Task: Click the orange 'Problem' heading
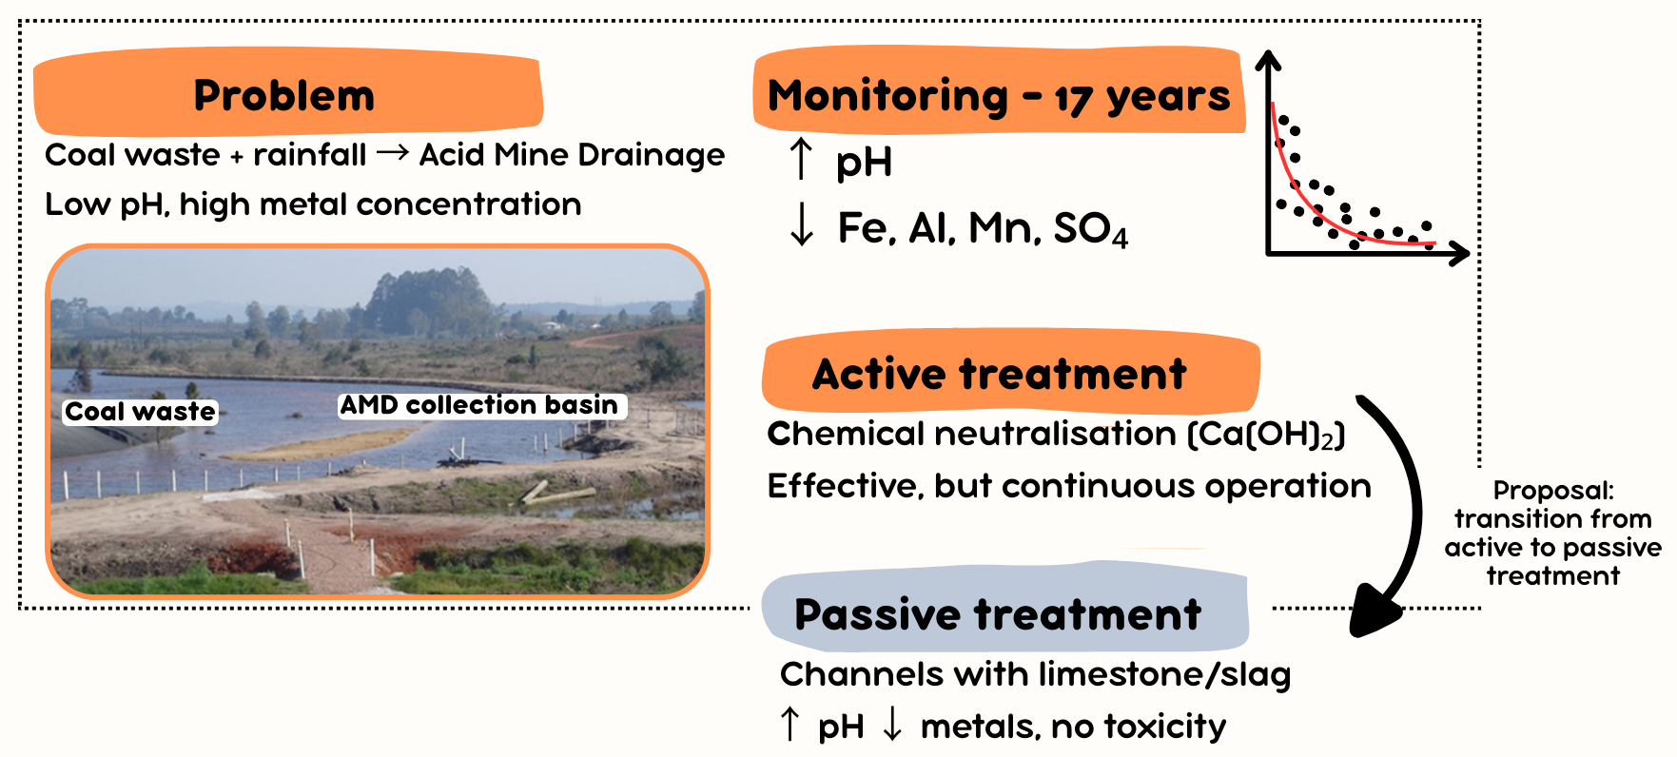pyautogui.click(x=284, y=95)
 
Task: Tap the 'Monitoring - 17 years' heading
pyautogui.click(x=998, y=96)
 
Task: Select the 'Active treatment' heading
pyautogui.click(x=999, y=374)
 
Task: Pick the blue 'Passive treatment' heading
pyautogui.click(x=998, y=614)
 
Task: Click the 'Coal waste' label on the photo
pyautogui.click(x=140, y=412)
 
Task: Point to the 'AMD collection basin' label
pyautogui.click(x=479, y=405)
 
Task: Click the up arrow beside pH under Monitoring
pyautogui.click(x=801, y=159)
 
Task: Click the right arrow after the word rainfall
pyautogui.click(x=392, y=152)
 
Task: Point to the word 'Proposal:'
pyautogui.click(x=1553, y=491)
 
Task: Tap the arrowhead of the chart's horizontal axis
pyautogui.click(x=1460, y=253)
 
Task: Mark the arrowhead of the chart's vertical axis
pyautogui.click(x=1268, y=60)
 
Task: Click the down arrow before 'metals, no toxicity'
pyautogui.click(x=892, y=724)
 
